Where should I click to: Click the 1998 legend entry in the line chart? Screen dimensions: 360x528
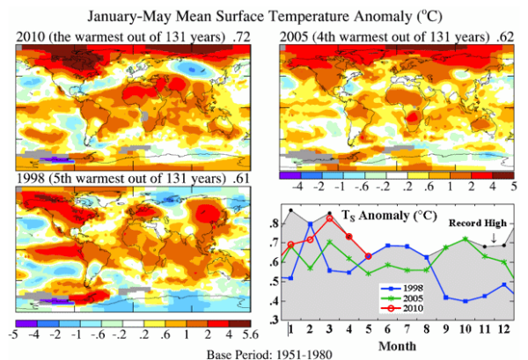click(x=416, y=288)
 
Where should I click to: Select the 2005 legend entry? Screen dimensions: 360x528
click(x=416, y=298)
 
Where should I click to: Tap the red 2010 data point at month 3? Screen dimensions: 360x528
click(x=329, y=217)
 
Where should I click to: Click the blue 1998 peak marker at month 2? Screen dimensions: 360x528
click(x=310, y=223)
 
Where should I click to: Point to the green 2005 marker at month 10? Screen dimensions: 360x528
click(x=465, y=239)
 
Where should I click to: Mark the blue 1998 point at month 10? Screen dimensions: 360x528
click(x=465, y=301)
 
